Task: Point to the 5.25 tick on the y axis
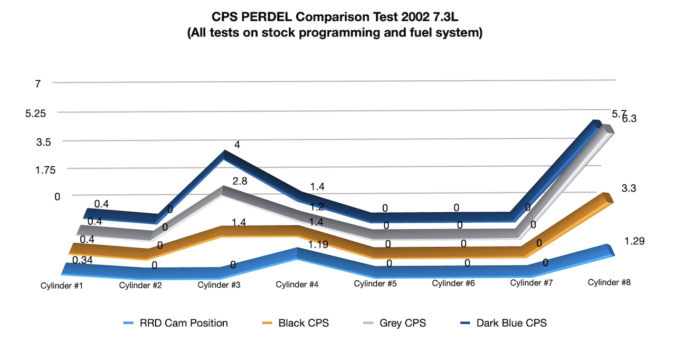36,113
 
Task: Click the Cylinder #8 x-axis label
609,282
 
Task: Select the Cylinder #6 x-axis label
453,283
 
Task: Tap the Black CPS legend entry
303,323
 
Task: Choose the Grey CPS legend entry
402,323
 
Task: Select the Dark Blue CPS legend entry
511,323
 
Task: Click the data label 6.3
629,119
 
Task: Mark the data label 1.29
634,241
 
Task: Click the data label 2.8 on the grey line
240,181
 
